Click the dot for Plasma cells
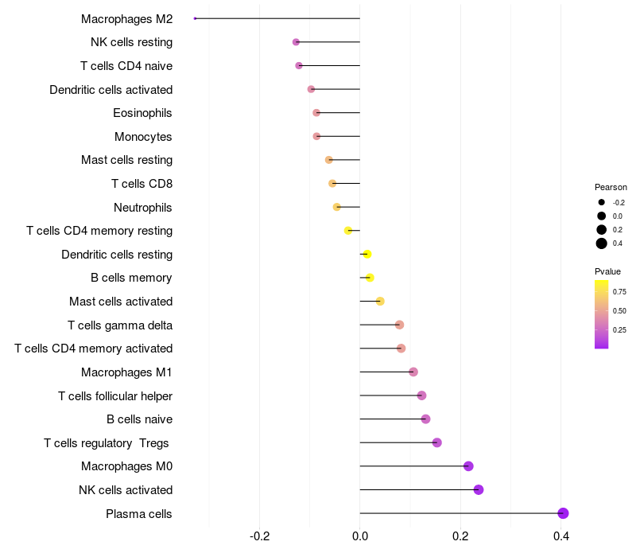[x=563, y=513]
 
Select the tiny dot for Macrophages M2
[x=196, y=18]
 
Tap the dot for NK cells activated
[x=479, y=489]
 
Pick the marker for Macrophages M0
[x=468, y=466]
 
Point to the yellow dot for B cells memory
[x=370, y=278]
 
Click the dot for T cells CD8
[x=332, y=184]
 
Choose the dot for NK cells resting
[x=297, y=42]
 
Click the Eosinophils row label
[x=142, y=113]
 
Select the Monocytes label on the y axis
[x=143, y=137]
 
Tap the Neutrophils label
[x=143, y=208]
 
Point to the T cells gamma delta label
[x=120, y=325]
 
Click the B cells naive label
[x=139, y=419]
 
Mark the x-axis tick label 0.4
[x=561, y=536]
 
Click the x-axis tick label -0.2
[x=259, y=536]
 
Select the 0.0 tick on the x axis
[x=360, y=536]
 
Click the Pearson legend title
[x=611, y=187]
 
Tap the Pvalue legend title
[x=608, y=271]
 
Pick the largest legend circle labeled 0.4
[x=602, y=243]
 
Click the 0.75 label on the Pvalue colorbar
[x=619, y=291]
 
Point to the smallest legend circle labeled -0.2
[x=602, y=202]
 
